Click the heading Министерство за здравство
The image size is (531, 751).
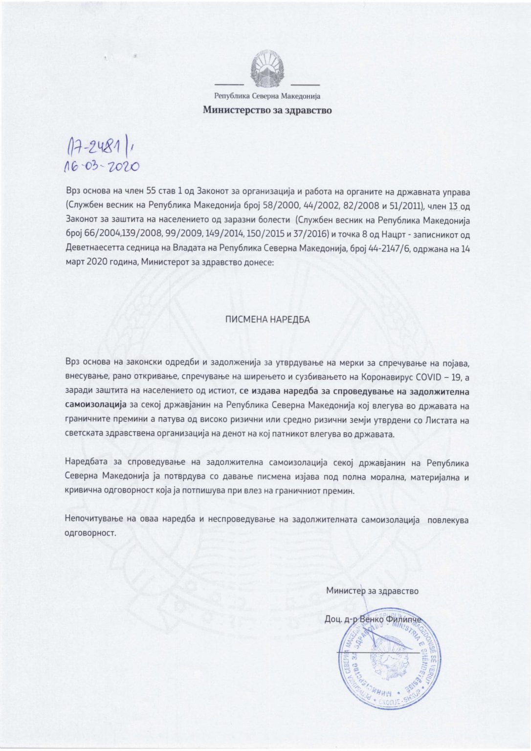(267, 110)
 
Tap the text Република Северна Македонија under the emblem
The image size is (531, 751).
(267, 96)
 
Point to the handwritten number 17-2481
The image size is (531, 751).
(95, 145)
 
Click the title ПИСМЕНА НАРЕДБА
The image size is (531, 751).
(267, 320)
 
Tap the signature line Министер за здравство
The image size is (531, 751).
(372, 591)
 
